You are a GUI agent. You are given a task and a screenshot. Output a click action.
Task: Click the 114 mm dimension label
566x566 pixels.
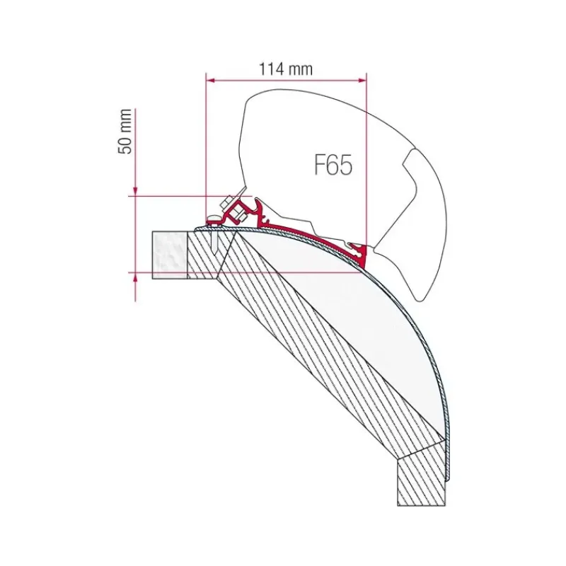point(286,69)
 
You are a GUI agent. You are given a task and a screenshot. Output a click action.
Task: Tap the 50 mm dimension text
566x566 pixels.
point(125,132)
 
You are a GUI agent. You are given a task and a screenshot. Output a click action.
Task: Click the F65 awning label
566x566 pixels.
point(333,165)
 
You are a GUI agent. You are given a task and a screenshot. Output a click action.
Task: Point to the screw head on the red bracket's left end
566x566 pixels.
point(214,220)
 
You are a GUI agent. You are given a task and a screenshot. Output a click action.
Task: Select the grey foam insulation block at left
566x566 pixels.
point(170,255)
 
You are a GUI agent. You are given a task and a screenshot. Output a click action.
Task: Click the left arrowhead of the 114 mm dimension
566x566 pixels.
point(210,81)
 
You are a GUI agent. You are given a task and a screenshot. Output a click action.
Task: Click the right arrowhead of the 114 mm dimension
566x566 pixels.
point(362,81)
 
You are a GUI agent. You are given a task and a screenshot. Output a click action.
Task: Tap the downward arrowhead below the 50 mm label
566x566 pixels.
point(135,191)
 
